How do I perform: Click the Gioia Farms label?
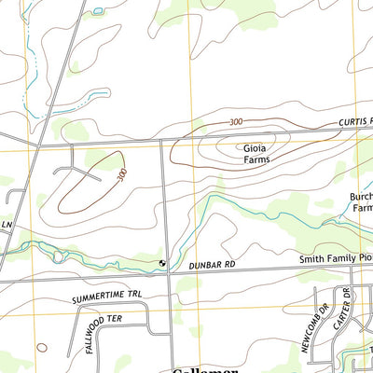256,153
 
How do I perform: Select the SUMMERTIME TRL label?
109,298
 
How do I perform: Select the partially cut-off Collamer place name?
205,368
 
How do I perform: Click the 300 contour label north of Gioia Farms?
235,122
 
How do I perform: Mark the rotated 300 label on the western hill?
121,174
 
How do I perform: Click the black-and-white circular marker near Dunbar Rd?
164,264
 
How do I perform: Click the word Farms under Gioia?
256,159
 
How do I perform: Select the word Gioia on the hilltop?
256,147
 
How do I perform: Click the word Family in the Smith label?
338,257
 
